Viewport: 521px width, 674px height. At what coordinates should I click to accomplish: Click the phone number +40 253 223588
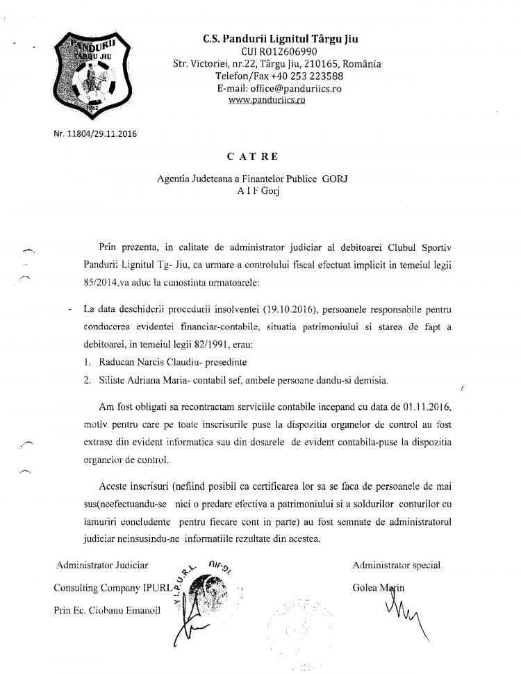tap(306, 76)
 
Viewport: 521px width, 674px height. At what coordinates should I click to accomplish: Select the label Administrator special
tap(396, 565)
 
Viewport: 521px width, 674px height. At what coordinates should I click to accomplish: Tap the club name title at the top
tap(276, 38)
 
